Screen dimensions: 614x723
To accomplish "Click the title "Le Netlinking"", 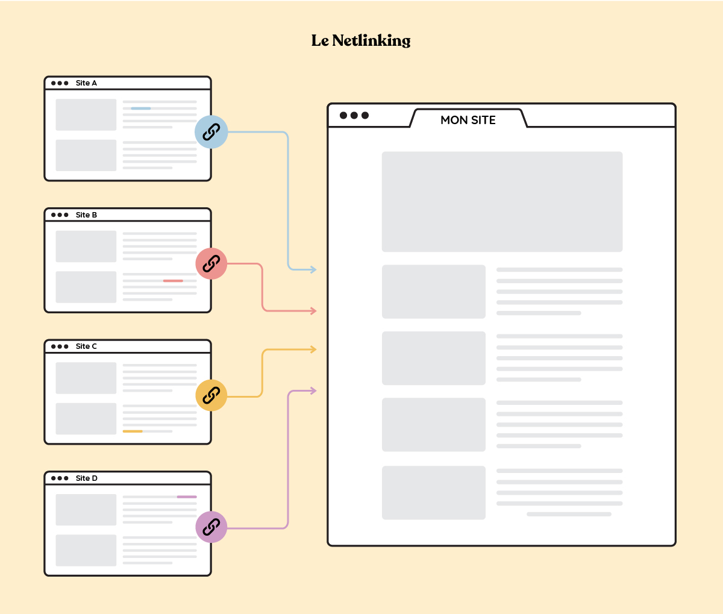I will [x=361, y=40].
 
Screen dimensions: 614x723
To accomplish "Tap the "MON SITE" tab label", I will [x=468, y=120].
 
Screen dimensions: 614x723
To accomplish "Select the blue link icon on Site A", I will [x=211, y=132].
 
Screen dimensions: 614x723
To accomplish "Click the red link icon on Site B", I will [x=211, y=264].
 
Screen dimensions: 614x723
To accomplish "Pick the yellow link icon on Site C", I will [x=211, y=396].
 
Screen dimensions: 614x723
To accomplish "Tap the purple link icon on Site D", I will [x=211, y=527].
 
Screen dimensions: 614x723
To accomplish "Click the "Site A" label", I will [x=86, y=83].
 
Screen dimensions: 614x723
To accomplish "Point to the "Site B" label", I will [x=86, y=215].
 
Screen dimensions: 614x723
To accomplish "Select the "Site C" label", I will [x=86, y=346].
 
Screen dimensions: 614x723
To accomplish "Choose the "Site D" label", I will [x=86, y=478].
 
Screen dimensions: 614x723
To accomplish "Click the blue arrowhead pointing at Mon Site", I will [x=313, y=269].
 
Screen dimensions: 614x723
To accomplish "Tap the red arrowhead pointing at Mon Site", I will [x=313, y=311].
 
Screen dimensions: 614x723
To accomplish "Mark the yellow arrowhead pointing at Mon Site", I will [x=313, y=349].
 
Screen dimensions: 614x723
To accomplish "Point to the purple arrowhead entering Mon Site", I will [x=313, y=390].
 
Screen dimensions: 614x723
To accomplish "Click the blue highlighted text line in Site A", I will [x=141, y=108].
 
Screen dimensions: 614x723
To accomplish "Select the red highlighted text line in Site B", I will [x=173, y=281].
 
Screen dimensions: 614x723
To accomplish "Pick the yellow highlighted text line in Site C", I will [x=133, y=431].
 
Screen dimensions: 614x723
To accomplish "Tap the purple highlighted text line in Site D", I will [x=187, y=497].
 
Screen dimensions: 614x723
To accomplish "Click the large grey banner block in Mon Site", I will [x=502, y=201].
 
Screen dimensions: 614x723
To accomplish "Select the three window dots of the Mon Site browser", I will [x=354, y=116].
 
